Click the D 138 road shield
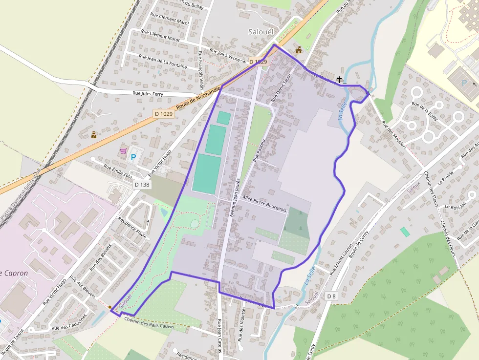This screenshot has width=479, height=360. coord(142,185)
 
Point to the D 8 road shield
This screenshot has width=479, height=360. coord(331,296)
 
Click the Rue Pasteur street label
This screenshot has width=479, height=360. coord(259,150)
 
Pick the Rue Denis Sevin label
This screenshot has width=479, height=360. coord(281,87)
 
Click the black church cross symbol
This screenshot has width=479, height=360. coord(339,79)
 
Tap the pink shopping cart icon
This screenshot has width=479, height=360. coord(123,151)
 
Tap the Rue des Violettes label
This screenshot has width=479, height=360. coord(241,324)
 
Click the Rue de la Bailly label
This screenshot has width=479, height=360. coord(425,111)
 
